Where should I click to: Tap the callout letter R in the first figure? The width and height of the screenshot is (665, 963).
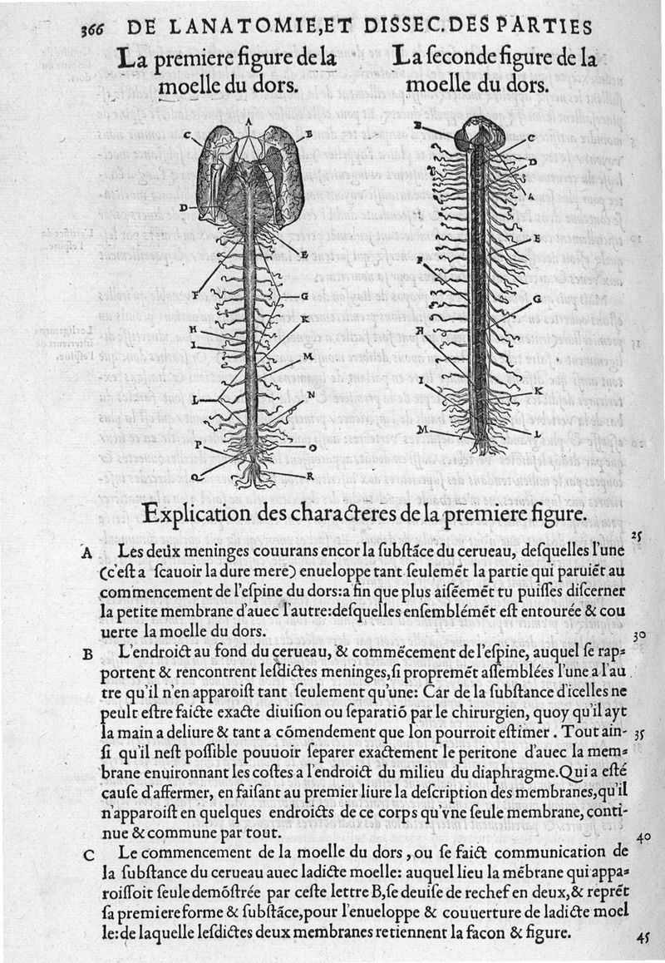pyautogui.click(x=309, y=476)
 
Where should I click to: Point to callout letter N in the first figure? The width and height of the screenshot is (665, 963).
pyautogui.click(x=311, y=395)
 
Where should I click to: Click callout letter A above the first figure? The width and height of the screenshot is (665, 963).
pyautogui.click(x=249, y=121)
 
